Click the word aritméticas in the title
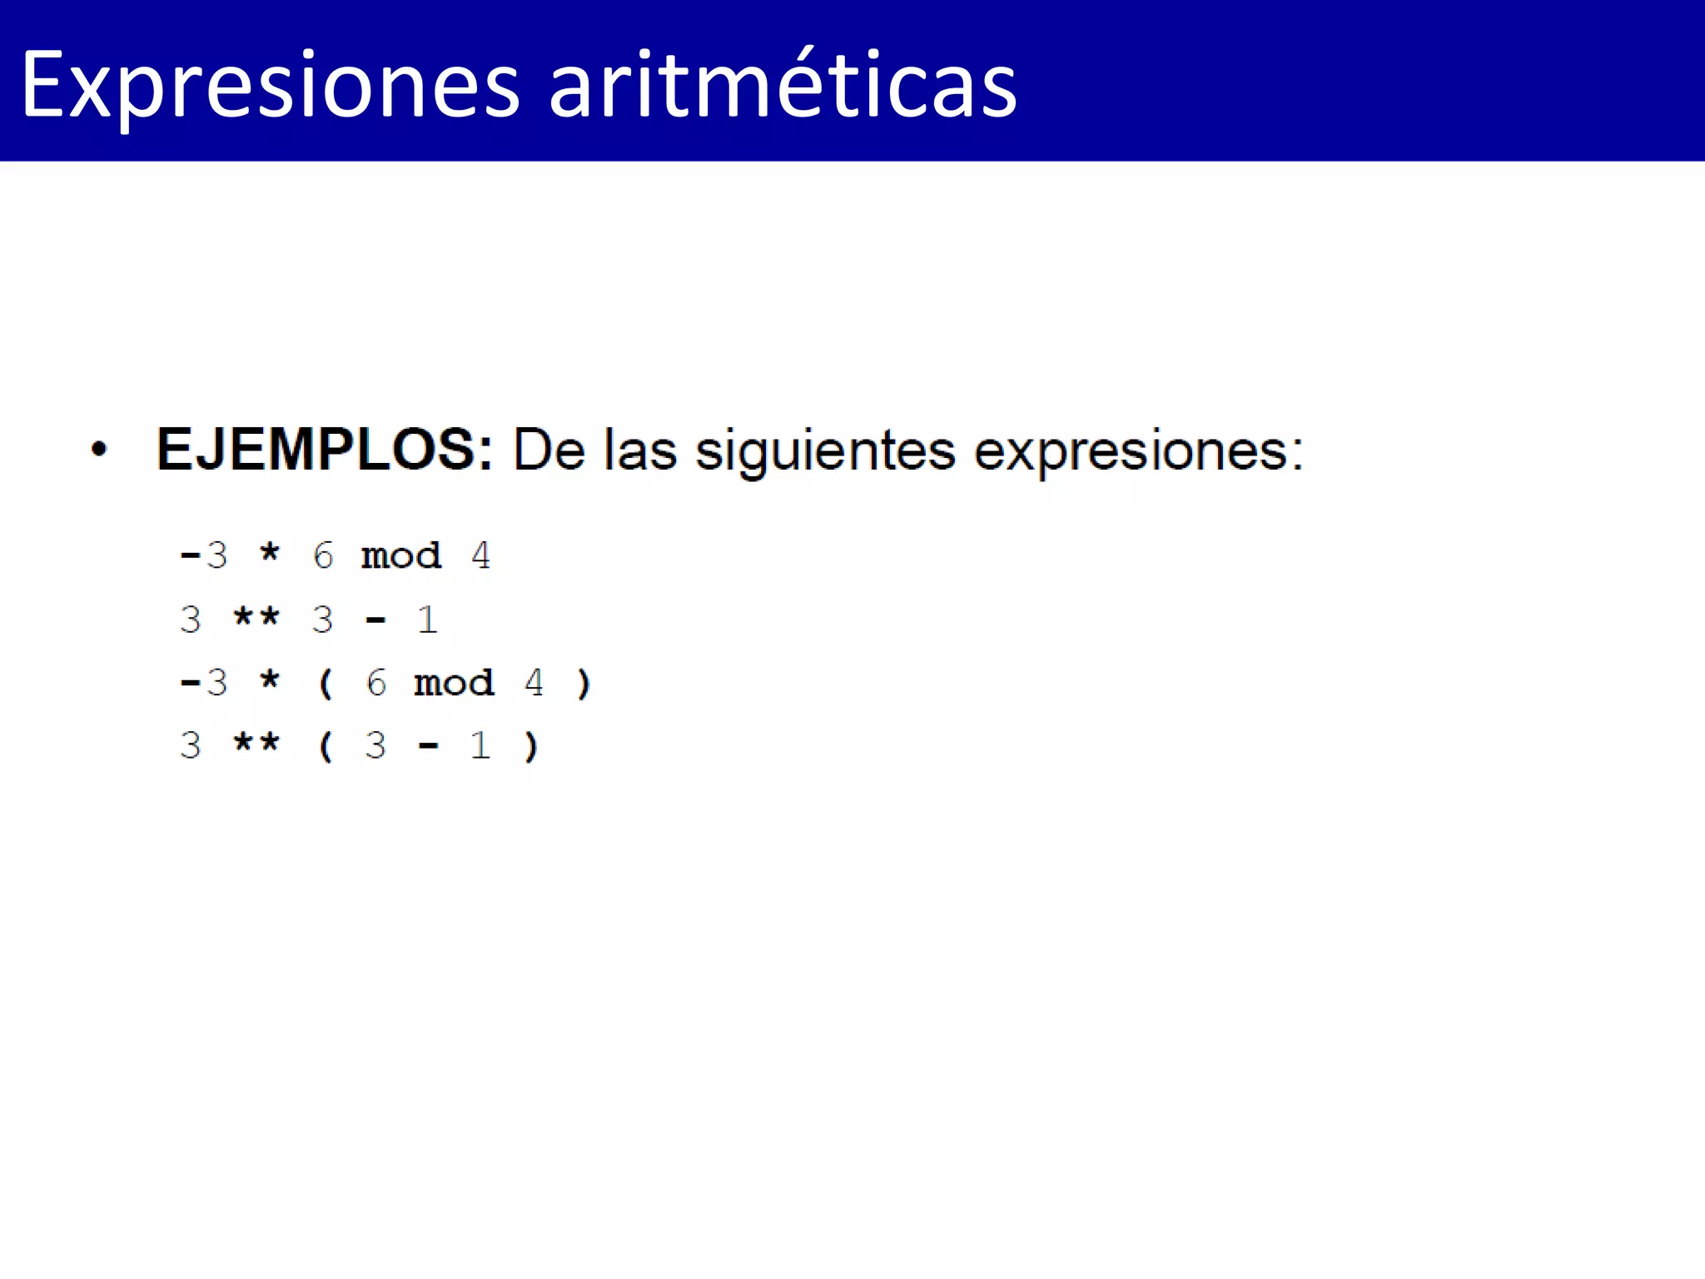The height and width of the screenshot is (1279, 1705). pos(783,86)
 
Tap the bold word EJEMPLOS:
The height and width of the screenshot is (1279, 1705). pos(325,450)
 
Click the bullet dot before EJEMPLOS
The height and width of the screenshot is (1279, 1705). pos(99,450)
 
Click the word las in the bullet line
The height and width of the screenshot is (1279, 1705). pos(640,450)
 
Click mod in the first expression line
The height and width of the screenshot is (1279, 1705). pos(401,556)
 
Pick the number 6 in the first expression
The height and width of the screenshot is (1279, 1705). pos(323,555)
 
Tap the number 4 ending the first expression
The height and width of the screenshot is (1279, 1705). pos(480,555)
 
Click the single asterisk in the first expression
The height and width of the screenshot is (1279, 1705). pos(270,553)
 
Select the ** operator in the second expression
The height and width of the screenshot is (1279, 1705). pos(256,617)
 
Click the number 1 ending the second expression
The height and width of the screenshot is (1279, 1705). pos(427,620)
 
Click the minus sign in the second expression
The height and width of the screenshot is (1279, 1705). pos(375,620)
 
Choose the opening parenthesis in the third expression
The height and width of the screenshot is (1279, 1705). pos(326,684)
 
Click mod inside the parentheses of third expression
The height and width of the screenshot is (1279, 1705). pos(454,684)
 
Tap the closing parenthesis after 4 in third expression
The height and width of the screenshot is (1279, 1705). pos(584,684)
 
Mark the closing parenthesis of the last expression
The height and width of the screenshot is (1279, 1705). pos(531,746)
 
